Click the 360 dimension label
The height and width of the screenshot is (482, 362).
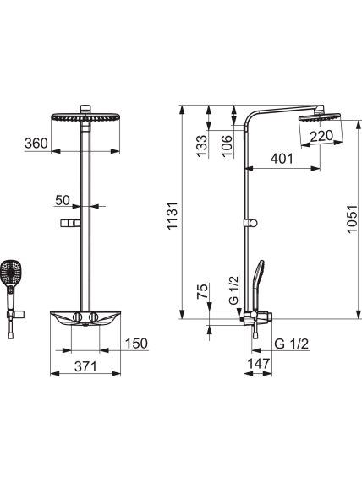36,144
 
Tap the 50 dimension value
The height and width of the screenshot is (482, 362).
63,200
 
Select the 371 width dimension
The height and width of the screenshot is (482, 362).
85,366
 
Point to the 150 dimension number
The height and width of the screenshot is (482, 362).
136,344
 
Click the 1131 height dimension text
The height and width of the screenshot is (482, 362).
172,215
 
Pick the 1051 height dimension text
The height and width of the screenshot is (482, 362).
352,219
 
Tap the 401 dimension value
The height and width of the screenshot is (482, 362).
282,159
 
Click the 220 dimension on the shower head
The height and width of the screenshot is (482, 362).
321,136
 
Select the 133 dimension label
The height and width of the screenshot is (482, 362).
202,146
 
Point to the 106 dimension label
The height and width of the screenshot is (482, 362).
227,146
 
